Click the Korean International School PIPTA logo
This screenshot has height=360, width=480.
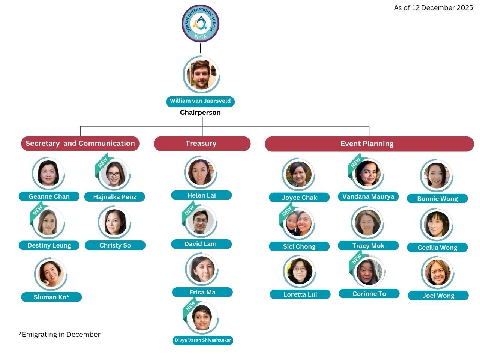pos(200,24)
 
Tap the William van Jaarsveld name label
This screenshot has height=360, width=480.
pos(200,101)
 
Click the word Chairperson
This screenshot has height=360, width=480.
pos(200,112)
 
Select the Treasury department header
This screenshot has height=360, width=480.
pos(202,144)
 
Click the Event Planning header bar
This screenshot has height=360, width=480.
pos(369,144)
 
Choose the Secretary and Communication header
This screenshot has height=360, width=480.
pos(80,144)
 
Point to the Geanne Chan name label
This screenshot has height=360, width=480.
pos(49,196)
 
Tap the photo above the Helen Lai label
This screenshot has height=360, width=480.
pos(201,172)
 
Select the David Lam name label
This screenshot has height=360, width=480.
pos(201,244)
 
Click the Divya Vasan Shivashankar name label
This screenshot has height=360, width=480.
pos(203,340)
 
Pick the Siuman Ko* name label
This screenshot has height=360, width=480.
pos(51,297)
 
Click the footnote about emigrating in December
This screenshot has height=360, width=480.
pos(60,334)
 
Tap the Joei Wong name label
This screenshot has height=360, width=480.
pos(438,295)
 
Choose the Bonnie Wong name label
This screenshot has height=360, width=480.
pos(437,199)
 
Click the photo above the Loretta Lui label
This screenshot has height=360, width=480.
pos(299,271)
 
